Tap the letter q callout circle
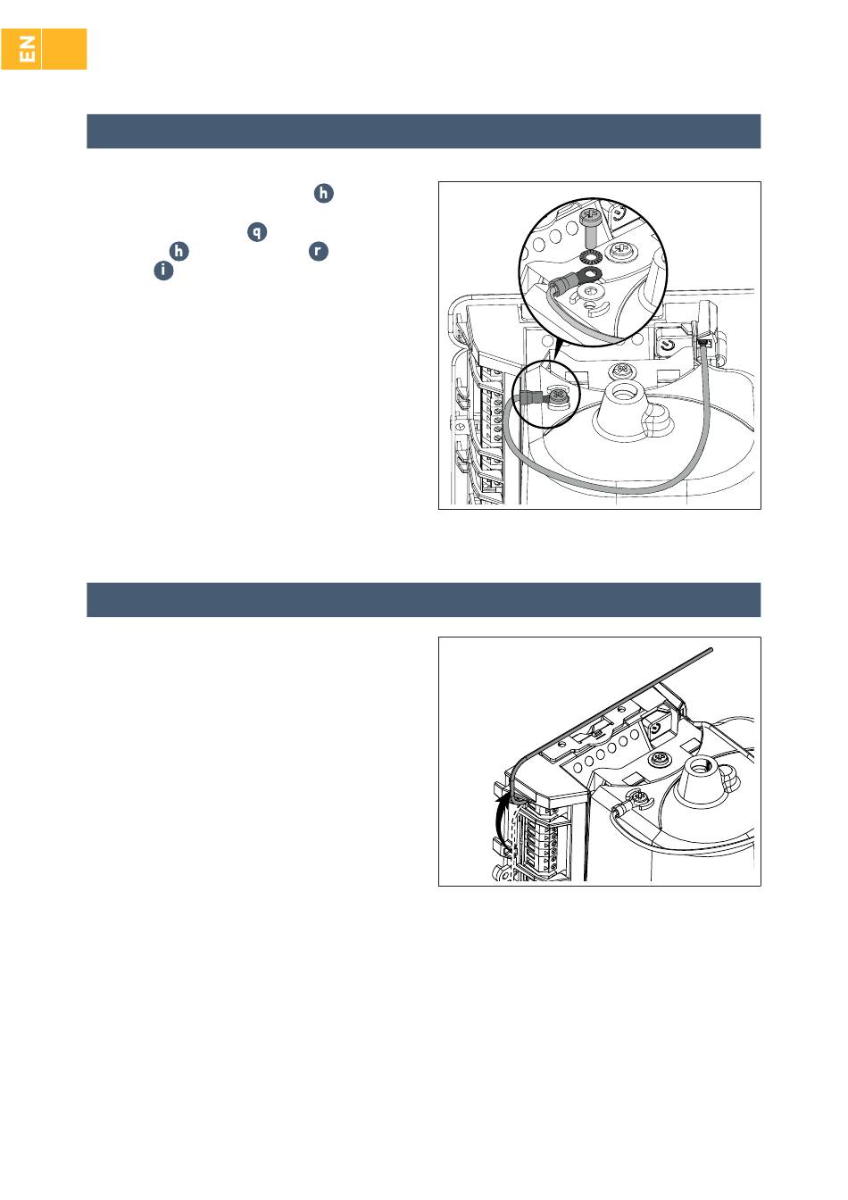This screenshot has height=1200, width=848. (257, 232)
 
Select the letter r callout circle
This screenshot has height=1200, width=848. (318, 251)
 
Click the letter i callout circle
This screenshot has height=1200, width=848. (163, 271)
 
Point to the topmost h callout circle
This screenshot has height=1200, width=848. (323, 194)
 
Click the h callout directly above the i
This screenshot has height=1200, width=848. (179, 251)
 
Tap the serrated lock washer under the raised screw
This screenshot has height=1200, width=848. (589, 258)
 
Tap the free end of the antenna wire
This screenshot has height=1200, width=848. (711, 650)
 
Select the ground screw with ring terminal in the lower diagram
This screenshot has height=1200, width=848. (636, 802)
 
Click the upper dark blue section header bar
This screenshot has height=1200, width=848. (424, 131)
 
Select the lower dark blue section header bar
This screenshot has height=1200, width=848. (424, 599)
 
